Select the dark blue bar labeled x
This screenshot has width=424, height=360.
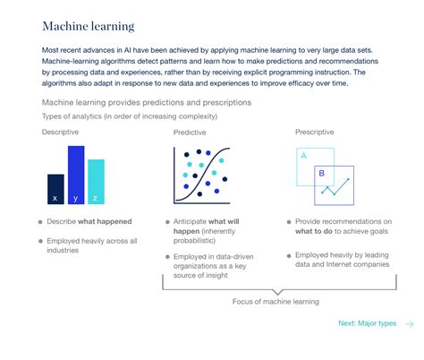point(55,190)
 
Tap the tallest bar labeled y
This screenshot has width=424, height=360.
point(76,176)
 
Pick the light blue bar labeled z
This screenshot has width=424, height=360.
point(96,183)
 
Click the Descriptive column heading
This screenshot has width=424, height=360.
point(60,132)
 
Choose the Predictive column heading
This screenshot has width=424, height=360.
point(190,132)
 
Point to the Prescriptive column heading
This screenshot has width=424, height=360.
point(318,132)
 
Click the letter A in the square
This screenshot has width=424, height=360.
point(304,156)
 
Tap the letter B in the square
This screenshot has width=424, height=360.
point(322,174)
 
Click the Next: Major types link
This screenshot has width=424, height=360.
point(367,323)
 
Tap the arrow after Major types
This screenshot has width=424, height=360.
point(409,323)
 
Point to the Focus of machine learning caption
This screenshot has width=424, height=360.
point(276,302)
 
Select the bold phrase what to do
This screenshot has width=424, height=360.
point(320,232)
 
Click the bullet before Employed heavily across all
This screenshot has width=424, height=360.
point(40,240)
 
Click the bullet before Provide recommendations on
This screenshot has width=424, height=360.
point(288,221)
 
